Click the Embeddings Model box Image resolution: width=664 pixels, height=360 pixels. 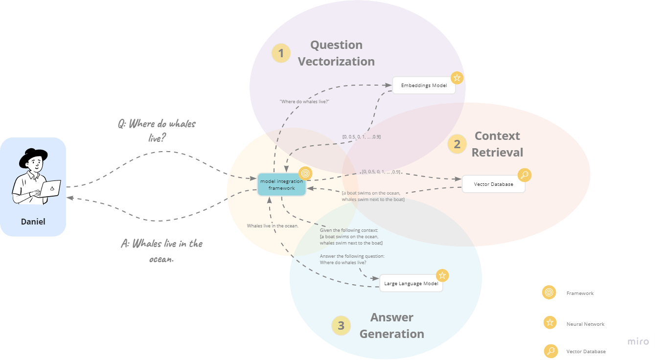(424, 86)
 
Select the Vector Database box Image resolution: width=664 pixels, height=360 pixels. (493, 184)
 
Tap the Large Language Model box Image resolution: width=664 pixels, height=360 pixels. (411, 283)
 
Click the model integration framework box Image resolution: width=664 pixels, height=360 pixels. (281, 184)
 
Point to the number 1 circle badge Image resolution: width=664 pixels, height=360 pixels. (281, 53)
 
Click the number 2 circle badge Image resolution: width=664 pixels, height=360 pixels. (457, 144)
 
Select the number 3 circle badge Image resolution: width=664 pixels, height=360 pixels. (341, 326)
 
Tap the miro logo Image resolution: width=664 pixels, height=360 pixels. (638, 341)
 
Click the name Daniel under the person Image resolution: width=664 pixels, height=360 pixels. (33, 222)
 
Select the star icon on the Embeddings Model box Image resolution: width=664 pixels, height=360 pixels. (457, 77)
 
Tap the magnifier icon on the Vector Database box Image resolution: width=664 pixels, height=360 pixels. (525, 175)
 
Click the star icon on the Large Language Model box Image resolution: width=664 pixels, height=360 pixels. (442, 275)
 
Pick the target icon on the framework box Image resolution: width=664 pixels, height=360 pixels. (305, 174)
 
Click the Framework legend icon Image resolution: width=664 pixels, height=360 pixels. (549, 292)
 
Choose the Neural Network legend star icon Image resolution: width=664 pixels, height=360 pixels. (550, 323)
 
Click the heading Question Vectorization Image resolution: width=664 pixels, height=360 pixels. (336, 53)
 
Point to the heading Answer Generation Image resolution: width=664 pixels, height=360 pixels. (391, 326)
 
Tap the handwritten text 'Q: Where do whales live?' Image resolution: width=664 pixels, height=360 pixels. (156, 130)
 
